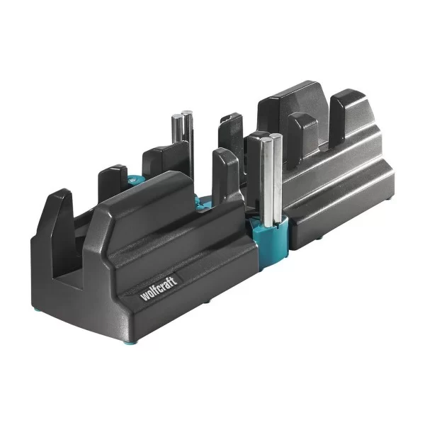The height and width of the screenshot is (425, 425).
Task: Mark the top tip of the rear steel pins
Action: tap(186, 113)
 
